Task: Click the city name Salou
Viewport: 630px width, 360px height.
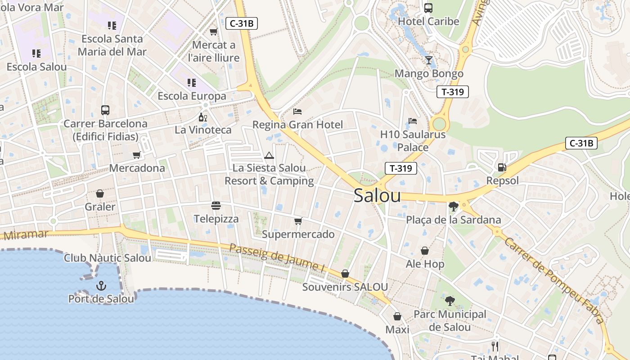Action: pyautogui.click(x=377, y=196)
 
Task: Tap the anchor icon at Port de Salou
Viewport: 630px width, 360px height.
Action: pyautogui.click(x=101, y=286)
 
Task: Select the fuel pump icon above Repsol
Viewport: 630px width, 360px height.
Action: pyautogui.click(x=502, y=167)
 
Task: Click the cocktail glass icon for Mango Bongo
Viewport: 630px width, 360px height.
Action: pyautogui.click(x=428, y=60)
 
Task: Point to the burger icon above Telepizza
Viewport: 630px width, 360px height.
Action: pyautogui.click(x=216, y=206)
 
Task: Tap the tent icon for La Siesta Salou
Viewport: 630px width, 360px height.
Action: pyautogui.click(x=269, y=156)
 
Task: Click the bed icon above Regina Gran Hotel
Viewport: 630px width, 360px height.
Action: pyautogui.click(x=297, y=111)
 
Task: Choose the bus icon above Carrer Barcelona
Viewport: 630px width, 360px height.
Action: pyautogui.click(x=105, y=110)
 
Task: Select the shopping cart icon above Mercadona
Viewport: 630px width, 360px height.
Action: pyautogui.click(x=137, y=155)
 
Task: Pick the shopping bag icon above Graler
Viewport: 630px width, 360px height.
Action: pyautogui.click(x=100, y=194)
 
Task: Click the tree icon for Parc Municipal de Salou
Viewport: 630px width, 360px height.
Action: pyautogui.click(x=450, y=301)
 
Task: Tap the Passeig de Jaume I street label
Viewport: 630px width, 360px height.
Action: pyautogui.click(x=277, y=258)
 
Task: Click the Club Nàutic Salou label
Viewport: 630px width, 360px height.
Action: pyautogui.click(x=108, y=258)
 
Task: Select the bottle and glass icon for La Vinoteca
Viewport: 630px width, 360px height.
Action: pyautogui.click(x=203, y=117)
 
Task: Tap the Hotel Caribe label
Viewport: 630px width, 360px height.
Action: pyautogui.click(x=428, y=21)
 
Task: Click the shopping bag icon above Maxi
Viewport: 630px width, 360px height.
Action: pyautogui.click(x=397, y=317)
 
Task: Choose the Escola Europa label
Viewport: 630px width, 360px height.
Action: pyautogui.click(x=192, y=96)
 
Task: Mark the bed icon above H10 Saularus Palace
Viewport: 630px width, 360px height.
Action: pyautogui.click(x=413, y=121)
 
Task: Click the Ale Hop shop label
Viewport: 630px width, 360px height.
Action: pyautogui.click(x=425, y=264)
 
